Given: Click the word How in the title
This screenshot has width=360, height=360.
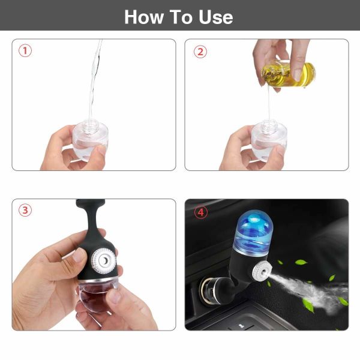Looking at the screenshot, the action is [x=144, y=17].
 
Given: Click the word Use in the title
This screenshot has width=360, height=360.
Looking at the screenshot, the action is [x=215, y=17].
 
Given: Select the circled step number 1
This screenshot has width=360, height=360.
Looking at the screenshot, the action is [x=25, y=50].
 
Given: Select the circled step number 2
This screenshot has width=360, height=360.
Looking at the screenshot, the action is [x=200, y=52].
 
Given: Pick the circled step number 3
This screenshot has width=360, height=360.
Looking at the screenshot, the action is [x=25, y=211].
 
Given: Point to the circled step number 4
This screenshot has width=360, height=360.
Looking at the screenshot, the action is [x=201, y=212].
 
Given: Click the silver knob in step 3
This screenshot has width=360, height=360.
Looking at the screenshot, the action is [x=104, y=260].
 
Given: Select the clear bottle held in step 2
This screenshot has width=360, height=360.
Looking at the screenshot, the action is [x=269, y=140].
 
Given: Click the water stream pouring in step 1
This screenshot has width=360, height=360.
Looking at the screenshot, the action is [x=95, y=80].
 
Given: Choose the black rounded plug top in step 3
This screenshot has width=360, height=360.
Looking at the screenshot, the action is [x=91, y=203].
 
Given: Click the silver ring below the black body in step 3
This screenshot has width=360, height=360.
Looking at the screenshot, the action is [x=98, y=280].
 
